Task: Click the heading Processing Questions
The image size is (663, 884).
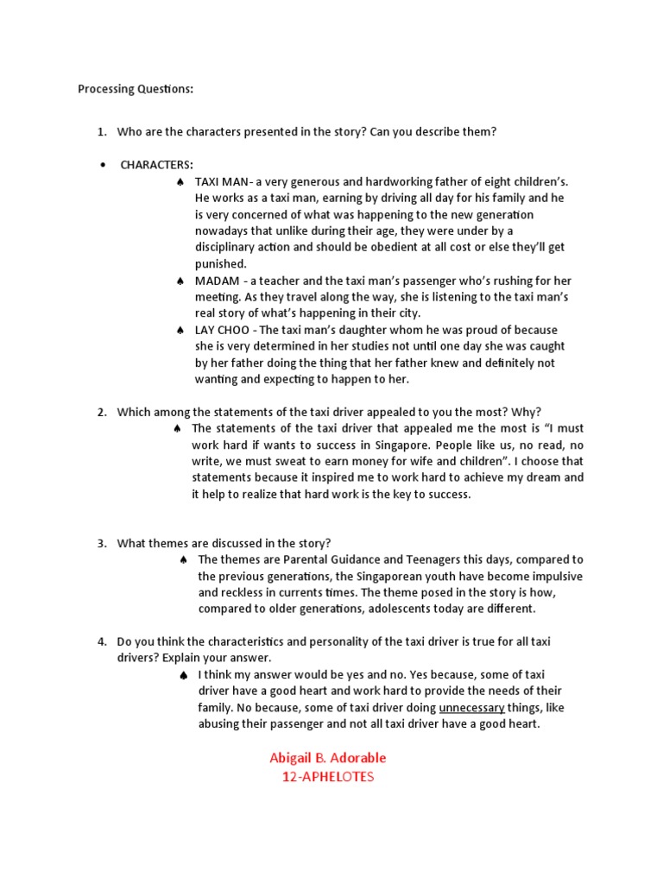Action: pyautogui.click(x=136, y=89)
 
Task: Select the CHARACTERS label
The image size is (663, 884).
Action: pyautogui.click(x=157, y=165)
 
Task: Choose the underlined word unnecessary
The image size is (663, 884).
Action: pyautogui.click(x=477, y=708)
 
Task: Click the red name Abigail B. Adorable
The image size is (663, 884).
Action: pyautogui.click(x=328, y=758)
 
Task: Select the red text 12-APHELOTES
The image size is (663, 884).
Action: pyautogui.click(x=328, y=777)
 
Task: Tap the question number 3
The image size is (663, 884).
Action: pyautogui.click(x=101, y=543)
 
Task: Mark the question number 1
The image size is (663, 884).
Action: pyautogui.click(x=101, y=131)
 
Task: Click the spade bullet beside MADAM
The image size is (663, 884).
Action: pyautogui.click(x=180, y=281)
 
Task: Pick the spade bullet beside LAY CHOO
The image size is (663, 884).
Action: pyautogui.click(x=180, y=331)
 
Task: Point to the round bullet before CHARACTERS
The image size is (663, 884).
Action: pyautogui.click(x=103, y=165)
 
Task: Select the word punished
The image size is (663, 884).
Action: pyautogui.click(x=221, y=263)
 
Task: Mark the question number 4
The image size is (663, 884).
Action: pyautogui.click(x=101, y=641)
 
